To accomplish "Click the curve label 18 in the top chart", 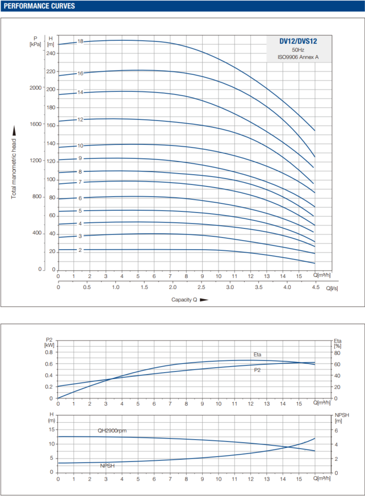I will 81,41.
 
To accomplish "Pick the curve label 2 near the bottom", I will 81,250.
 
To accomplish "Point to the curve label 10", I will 81,146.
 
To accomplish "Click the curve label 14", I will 81,92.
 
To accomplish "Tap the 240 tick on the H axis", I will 51,53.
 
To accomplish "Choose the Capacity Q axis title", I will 185,300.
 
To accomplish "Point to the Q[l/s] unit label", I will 332,287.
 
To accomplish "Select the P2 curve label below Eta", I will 257,370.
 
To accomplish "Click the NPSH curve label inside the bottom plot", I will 107,466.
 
